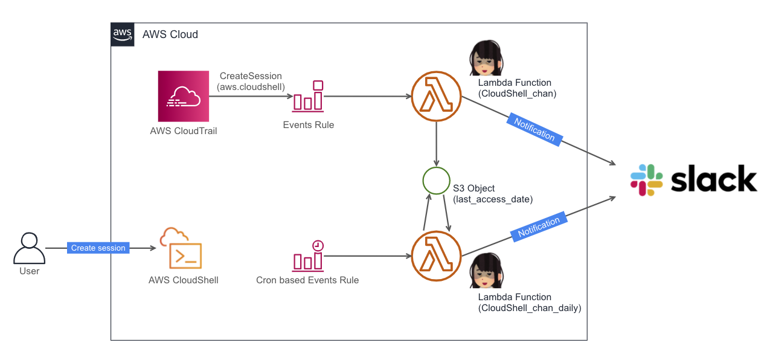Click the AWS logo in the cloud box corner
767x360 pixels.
[x=123, y=34]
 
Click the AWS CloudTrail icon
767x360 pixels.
[x=183, y=97]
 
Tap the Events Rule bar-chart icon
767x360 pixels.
[x=308, y=97]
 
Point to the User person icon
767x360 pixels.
[x=29, y=248]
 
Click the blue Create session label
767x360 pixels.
[x=98, y=248]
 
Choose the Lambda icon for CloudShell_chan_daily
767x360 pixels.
[x=436, y=255]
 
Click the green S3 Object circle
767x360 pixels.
[x=436, y=180]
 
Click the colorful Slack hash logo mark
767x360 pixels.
[x=646, y=180]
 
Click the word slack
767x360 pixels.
[x=713, y=179]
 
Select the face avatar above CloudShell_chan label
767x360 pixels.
[x=487, y=58]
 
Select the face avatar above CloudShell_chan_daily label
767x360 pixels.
[x=487, y=271]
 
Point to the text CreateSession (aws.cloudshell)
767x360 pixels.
[x=251, y=82]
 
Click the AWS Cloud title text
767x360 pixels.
[x=170, y=34]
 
